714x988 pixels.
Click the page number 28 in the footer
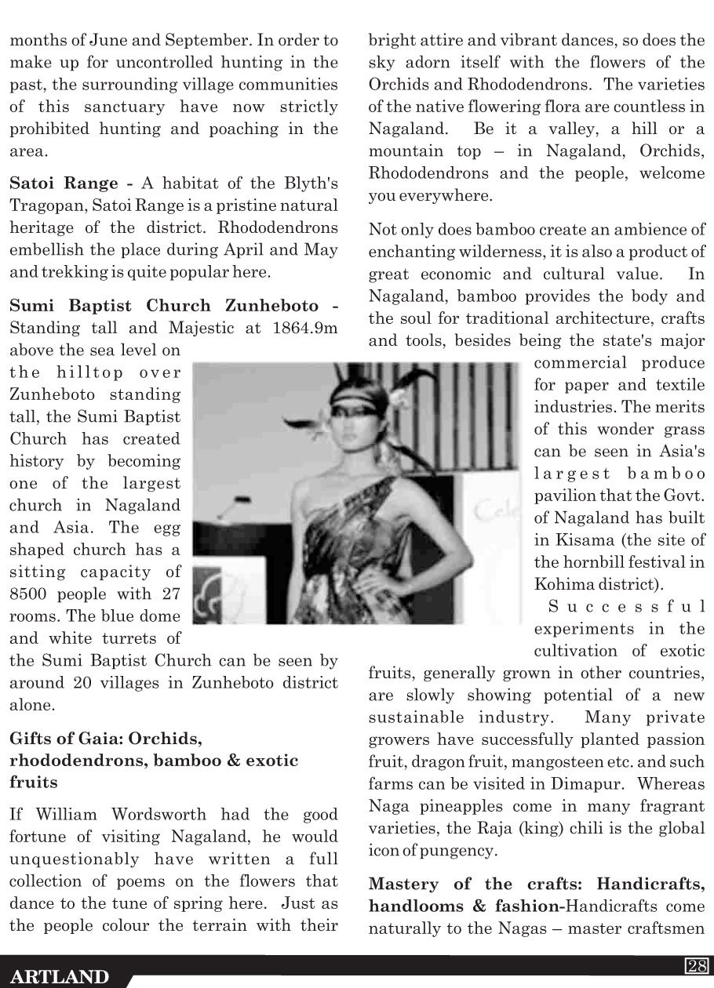[696, 965]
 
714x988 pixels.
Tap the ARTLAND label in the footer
[60, 976]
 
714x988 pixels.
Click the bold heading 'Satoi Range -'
[71, 183]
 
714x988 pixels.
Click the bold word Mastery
[406, 884]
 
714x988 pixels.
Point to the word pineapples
[454, 805]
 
